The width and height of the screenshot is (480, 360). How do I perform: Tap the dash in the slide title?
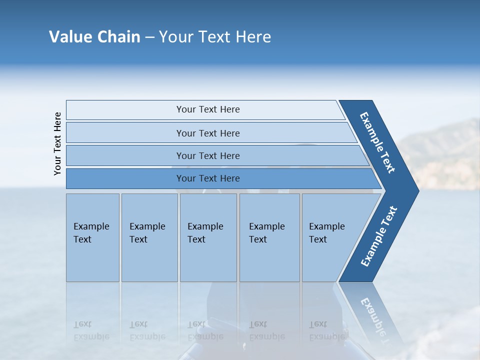click(149, 37)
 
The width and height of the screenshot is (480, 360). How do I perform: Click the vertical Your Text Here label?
click(57, 143)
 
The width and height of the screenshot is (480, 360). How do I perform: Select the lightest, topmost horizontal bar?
click(207, 109)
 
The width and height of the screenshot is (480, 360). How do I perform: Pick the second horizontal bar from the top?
click(207, 133)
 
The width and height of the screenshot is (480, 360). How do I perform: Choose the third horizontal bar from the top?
click(207, 155)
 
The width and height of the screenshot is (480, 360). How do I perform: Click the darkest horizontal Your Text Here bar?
click(207, 178)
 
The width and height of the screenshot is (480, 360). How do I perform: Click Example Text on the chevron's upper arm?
click(377, 142)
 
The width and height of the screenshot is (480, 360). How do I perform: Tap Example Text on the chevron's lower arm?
click(379, 236)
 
